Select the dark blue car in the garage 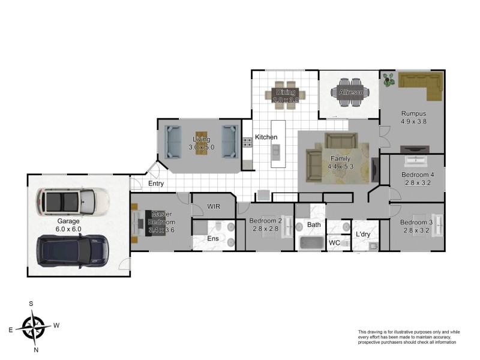72,250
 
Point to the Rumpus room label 413,113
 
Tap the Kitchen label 266,137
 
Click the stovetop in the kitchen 247,142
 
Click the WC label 334,243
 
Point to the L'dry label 362,234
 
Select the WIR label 214,206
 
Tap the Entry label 155,184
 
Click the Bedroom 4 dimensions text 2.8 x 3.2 417,184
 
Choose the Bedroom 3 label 416,223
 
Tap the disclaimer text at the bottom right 407,337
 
